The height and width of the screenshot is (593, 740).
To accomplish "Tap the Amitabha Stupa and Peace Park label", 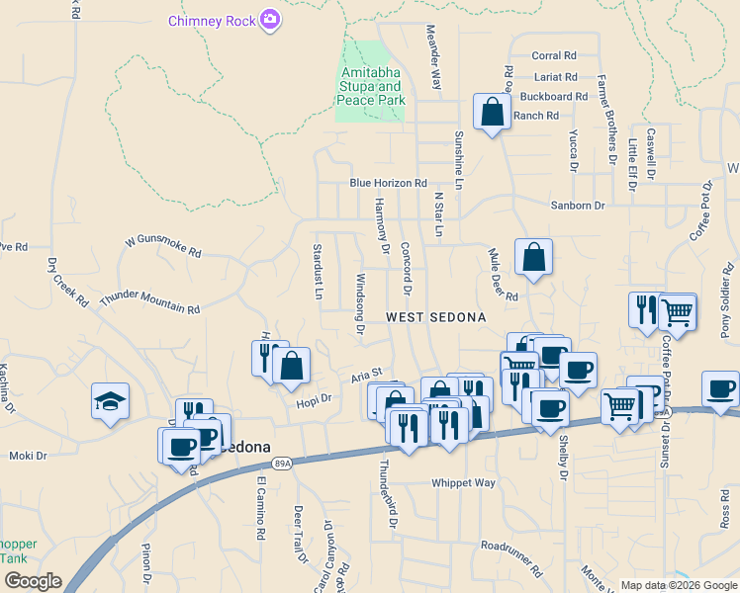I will pos(372,87).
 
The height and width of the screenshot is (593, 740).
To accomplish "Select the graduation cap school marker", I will pos(110,400).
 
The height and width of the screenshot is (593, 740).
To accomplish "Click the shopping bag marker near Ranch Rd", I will pos(492,113).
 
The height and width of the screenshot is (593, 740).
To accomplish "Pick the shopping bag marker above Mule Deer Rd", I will pos(533,258).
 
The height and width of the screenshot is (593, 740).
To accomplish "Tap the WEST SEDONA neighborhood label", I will pos(436,317).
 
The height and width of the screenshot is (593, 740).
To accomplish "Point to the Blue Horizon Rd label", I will pos(388,183).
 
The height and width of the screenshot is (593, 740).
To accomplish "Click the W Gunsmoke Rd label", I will pos(162,246).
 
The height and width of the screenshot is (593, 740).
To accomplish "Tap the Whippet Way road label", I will pos(462,483).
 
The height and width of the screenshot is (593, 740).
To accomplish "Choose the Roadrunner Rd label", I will pos(511,558).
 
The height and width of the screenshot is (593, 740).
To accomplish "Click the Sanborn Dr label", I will pos(577,205).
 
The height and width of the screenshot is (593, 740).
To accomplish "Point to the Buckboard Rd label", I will pos(553,97).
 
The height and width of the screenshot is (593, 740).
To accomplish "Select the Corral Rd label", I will pos(553,56).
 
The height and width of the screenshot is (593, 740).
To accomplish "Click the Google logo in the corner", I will pos(33,581).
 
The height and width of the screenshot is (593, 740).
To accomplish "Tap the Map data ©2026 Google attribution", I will pos(678,584).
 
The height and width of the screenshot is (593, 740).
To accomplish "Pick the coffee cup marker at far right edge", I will pos(721,388).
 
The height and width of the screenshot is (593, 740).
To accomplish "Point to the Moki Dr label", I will pos(28,456).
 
